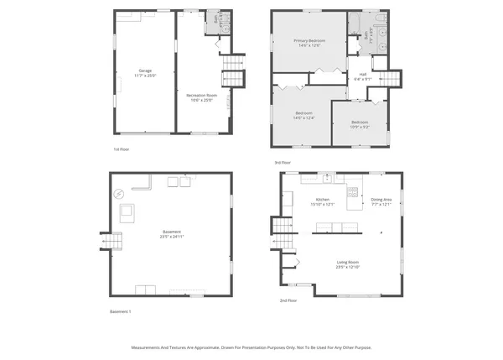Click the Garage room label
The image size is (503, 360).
pos(144,72)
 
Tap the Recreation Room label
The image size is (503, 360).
pos(201,97)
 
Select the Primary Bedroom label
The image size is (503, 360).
pos(309,43)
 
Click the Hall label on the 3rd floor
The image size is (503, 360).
pos(363,76)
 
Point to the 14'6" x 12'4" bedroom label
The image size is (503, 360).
pos(303,115)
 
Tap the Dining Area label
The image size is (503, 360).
pos(381,201)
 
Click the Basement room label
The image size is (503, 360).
pos(171,233)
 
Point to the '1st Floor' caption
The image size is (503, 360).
pos(122,149)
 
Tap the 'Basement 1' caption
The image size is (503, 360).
pos(121,311)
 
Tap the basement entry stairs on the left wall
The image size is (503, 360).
pos(112,242)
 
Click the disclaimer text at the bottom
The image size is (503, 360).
pos(251,347)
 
